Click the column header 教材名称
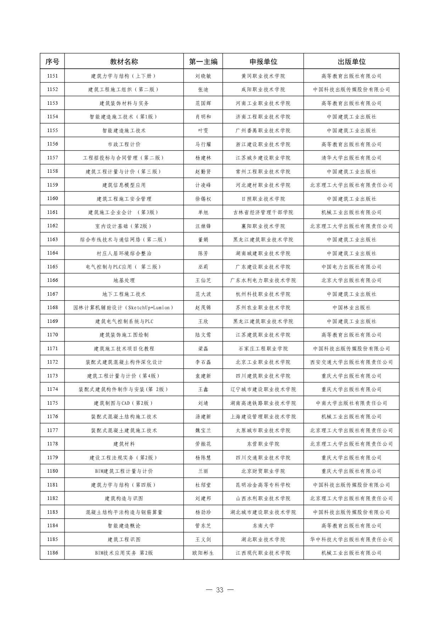(124, 62)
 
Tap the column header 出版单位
(351, 62)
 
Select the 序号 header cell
(52, 62)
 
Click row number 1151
(52, 76)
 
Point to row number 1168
(52, 307)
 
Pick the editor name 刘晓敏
(203, 76)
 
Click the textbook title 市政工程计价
(124, 144)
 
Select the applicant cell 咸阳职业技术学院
(263, 90)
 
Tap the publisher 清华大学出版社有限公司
(351, 158)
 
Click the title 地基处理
(124, 280)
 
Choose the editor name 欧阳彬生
(203, 553)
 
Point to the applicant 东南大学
(263, 525)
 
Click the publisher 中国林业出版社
(351, 307)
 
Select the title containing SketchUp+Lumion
(124, 307)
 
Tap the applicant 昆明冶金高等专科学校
(263, 485)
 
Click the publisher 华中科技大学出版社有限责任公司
(351, 539)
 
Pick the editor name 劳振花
(203, 444)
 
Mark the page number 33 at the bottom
(220, 590)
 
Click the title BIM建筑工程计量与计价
(124, 471)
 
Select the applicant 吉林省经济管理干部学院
(263, 212)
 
